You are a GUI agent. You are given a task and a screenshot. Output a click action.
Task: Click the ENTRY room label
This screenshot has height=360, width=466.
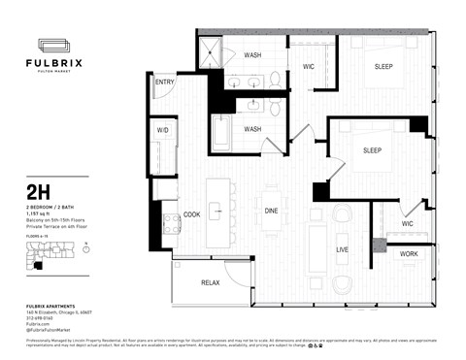point(164,82)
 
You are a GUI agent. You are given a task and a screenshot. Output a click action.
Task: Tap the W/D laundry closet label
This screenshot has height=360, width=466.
point(162,129)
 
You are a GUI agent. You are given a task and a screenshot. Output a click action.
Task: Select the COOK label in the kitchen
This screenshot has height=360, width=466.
point(192,214)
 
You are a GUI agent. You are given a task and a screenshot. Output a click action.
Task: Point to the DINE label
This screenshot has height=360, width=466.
point(271,213)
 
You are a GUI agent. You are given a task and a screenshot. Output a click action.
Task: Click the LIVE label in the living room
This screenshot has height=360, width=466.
point(342,249)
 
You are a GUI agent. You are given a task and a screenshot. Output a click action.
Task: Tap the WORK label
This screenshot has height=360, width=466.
point(409,254)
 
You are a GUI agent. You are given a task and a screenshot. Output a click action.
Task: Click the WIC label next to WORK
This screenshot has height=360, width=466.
point(408,224)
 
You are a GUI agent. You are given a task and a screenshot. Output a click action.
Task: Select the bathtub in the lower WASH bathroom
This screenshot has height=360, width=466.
point(220,132)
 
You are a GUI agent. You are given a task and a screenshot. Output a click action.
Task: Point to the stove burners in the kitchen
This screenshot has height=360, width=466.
point(172,225)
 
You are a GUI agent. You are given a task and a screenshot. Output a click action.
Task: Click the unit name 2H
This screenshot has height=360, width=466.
point(38,193)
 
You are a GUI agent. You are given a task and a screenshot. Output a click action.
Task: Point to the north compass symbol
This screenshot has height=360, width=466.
point(87,247)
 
